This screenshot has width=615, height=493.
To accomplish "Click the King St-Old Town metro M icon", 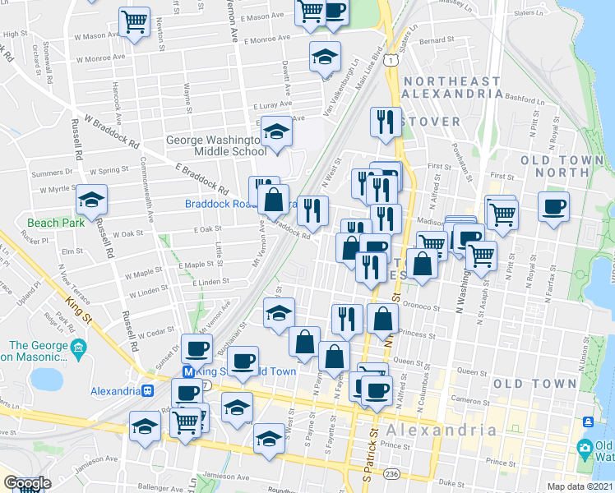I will pyautogui.click(x=187, y=371).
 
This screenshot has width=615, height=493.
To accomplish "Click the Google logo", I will pyautogui.click(x=27, y=483).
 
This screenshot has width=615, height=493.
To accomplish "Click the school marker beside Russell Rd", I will pyautogui.click(x=91, y=200).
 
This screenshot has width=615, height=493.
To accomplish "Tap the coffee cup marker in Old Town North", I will pyautogui.click(x=553, y=205).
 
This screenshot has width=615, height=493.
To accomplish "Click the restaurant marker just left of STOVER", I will pyautogui.click(x=385, y=122).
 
